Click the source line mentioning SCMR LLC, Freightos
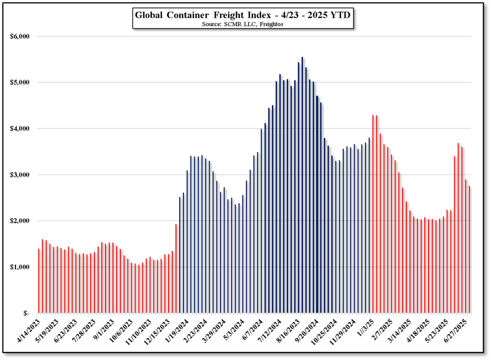[242, 25]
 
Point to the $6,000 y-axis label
[20, 37]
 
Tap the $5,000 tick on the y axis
[20, 83]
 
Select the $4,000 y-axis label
[20, 129]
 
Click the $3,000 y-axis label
[20, 175]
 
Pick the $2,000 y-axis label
[20, 221]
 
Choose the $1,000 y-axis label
[20, 267]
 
